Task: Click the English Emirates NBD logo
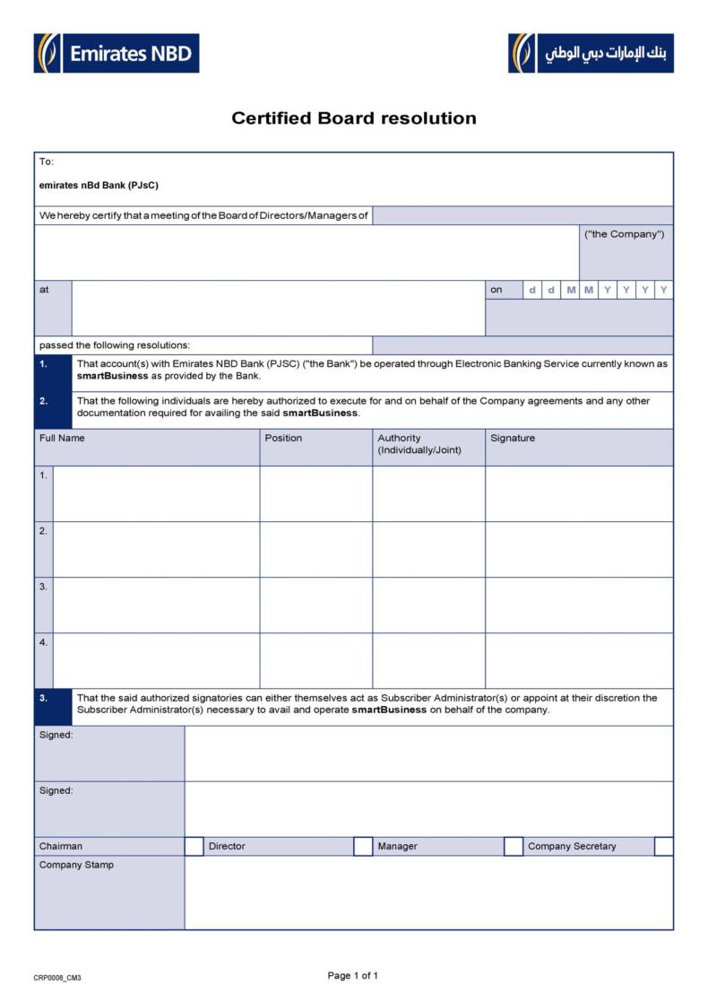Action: [x=117, y=53]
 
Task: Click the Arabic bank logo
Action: [x=591, y=53]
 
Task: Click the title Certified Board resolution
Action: [x=354, y=118]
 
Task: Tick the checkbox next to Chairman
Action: [x=194, y=846]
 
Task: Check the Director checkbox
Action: [x=363, y=846]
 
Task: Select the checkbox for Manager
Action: [x=514, y=846]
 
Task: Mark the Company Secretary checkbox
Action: [x=663, y=846]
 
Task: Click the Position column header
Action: [x=284, y=439]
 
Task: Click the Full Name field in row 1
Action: [x=156, y=493]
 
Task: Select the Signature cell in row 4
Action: [x=579, y=660]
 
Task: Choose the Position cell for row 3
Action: [x=315, y=605]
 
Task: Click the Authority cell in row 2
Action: [x=428, y=549]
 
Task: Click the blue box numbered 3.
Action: [x=52, y=706]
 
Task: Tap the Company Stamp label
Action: [x=76, y=865]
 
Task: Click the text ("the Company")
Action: [x=625, y=234]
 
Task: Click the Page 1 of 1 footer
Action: [x=353, y=975]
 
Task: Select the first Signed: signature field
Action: [x=428, y=753]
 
